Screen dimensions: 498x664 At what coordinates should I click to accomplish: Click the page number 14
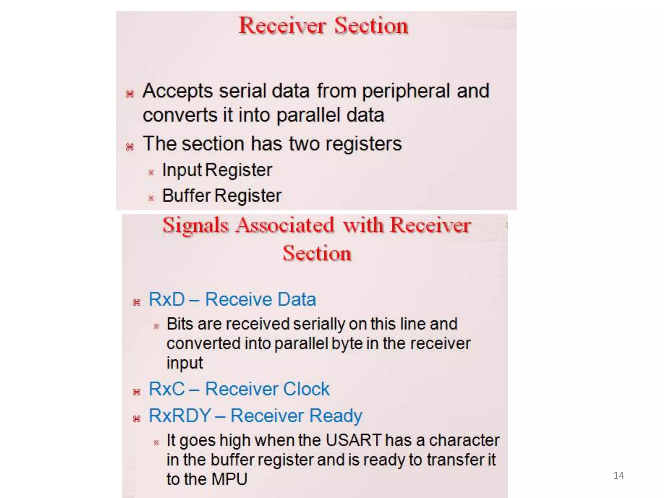pos(619,475)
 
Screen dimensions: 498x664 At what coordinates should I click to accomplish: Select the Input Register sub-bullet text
pos(217,170)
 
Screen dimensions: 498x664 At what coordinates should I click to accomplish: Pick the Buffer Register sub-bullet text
pos(222,196)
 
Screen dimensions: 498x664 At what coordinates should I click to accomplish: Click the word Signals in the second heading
pos(196,225)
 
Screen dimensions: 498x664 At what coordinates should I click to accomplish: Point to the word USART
pos(353,440)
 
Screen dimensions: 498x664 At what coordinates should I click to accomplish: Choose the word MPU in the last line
pos(230,479)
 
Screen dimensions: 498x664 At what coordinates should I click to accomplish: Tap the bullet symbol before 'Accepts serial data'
pos(130,94)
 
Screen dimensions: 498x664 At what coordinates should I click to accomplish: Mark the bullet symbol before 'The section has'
pos(130,147)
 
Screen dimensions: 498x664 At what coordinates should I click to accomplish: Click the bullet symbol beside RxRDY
pos(136,419)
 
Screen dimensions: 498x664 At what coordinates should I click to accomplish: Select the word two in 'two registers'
pos(304,144)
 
